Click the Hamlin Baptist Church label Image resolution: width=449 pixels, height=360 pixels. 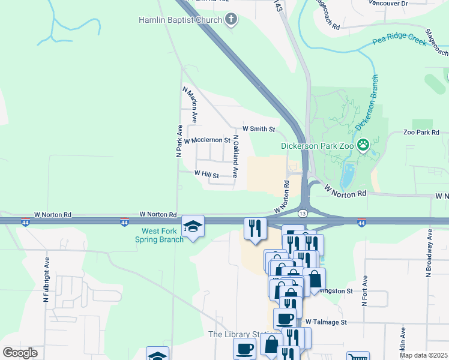click(180, 20)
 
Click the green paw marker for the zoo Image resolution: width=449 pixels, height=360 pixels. click(363, 145)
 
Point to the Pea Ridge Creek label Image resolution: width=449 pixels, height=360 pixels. click(398, 41)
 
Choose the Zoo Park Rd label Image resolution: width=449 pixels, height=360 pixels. click(421, 133)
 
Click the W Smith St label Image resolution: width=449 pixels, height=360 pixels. click(259, 129)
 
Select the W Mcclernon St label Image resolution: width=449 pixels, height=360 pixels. click(207, 140)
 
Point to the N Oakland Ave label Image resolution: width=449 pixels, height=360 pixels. click(236, 156)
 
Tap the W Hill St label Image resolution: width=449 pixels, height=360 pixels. click(206, 174)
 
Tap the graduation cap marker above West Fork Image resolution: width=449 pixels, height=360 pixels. click(193, 226)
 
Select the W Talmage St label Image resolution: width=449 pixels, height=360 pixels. click(326, 322)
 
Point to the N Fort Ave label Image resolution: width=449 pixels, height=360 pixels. click(364, 291)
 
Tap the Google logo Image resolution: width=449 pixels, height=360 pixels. click(20, 352)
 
